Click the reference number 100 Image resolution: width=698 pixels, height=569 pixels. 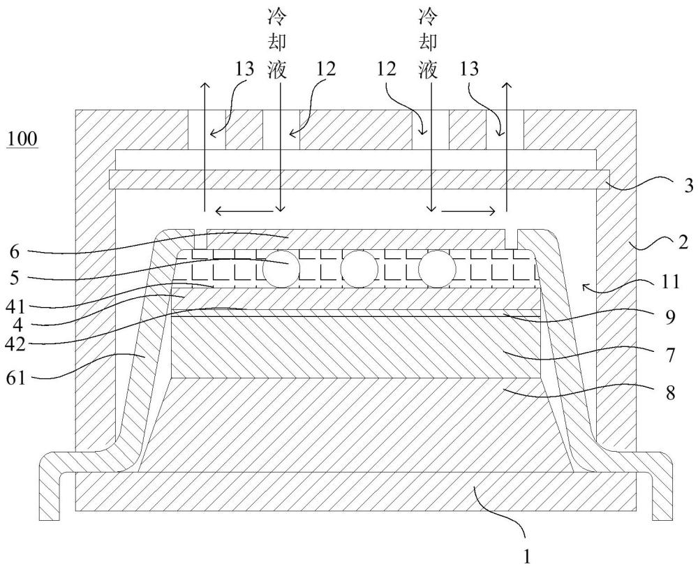click(x=22, y=139)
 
